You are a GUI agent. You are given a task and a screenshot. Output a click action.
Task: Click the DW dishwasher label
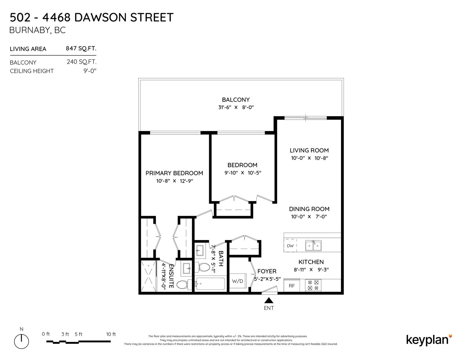tap(290, 246)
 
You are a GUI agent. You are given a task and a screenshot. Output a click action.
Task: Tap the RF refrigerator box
tap(292, 285)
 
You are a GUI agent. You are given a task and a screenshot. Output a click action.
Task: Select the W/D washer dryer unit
tap(238, 281)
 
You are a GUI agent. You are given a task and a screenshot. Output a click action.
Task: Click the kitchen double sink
tap(313, 246)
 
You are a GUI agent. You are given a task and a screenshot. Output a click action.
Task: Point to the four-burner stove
tap(313, 285)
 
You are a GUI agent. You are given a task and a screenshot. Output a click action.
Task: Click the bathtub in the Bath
tap(211, 284)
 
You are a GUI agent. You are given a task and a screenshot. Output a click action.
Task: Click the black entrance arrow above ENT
tap(269, 301)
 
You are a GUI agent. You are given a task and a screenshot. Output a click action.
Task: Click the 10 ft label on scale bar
tap(111, 334)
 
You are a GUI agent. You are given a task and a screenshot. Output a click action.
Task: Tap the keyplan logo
tap(429, 340)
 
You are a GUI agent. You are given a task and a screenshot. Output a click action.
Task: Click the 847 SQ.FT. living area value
tap(81, 48)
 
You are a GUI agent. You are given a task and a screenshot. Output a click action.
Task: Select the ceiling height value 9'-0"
tap(90, 71)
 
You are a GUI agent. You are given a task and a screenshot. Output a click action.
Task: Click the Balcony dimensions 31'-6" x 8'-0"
tap(236, 107)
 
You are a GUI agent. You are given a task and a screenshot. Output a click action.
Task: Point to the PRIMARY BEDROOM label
tap(174, 173)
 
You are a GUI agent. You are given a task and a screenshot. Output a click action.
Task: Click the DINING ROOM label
tap(309, 209)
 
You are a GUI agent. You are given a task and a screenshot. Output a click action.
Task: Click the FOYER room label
tap(267, 271)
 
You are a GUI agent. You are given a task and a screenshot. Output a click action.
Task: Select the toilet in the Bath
tap(202, 267)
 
